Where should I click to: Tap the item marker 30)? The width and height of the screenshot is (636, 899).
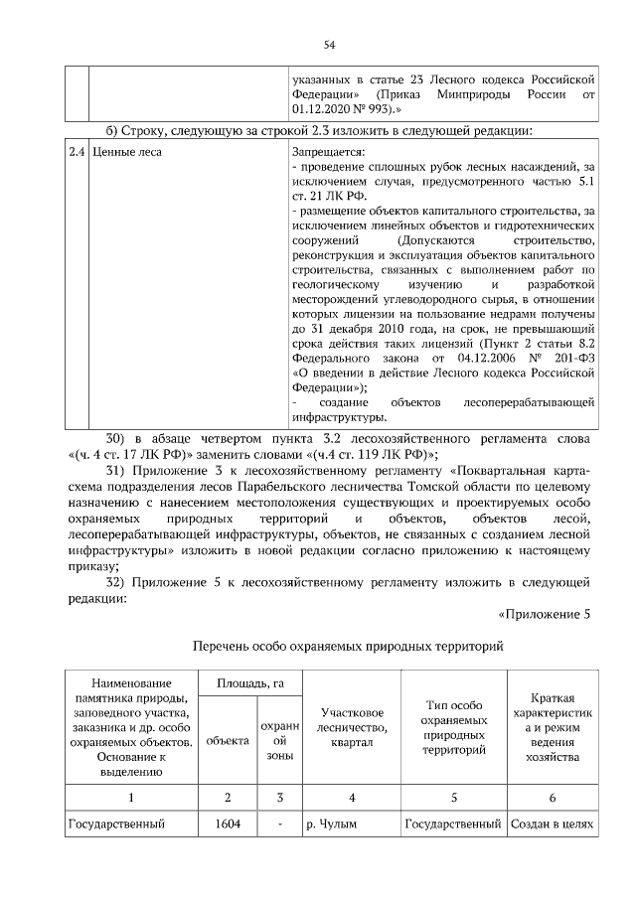(116, 438)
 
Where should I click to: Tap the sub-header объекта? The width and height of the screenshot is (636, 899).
(228, 741)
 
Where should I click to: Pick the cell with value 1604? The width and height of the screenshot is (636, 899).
(228, 824)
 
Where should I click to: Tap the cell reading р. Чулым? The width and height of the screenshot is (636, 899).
(331, 824)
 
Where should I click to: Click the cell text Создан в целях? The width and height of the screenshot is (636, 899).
(551, 824)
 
